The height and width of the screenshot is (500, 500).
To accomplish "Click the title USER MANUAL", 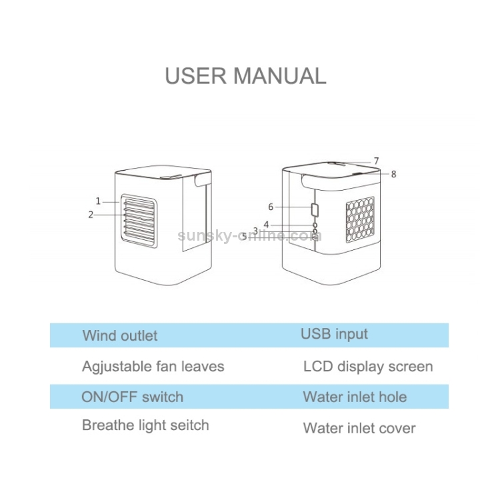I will click(245, 75).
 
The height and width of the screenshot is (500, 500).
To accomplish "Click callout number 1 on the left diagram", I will click(98, 201).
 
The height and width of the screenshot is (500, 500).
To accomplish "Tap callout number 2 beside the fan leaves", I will click(91, 215).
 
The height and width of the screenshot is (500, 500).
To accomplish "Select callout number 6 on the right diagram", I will click(271, 207).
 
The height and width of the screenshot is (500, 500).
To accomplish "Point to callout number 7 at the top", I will click(376, 161).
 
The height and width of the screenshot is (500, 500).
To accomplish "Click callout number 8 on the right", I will click(393, 174).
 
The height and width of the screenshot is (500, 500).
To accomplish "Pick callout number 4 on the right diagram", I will click(266, 225).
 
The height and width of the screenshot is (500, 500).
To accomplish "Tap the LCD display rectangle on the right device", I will click(315, 210).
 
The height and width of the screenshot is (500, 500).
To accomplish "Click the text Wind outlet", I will click(120, 335).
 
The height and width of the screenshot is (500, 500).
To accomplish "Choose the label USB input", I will click(334, 334).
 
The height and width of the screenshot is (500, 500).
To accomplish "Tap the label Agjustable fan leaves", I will click(153, 367).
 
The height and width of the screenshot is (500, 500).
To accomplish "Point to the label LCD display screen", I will click(368, 367).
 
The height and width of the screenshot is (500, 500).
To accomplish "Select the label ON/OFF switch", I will click(132, 397).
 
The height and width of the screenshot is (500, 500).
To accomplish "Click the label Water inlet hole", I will click(355, 397).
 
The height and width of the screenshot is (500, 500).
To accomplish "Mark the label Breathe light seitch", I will click(145, 425).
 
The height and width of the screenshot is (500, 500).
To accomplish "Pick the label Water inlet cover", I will click(359, 428).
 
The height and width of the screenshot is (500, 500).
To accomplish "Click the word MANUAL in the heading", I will click(279, 75).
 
